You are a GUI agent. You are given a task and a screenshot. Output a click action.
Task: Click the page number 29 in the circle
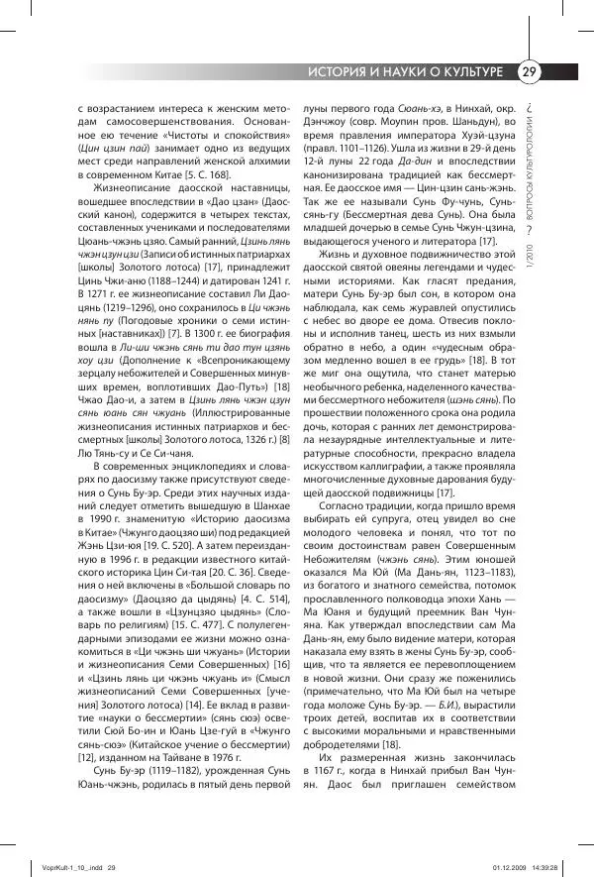pyautogui.click(x=530, y=72)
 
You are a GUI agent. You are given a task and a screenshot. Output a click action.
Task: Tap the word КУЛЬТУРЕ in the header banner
pyautogui.click(x=470, y=73)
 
